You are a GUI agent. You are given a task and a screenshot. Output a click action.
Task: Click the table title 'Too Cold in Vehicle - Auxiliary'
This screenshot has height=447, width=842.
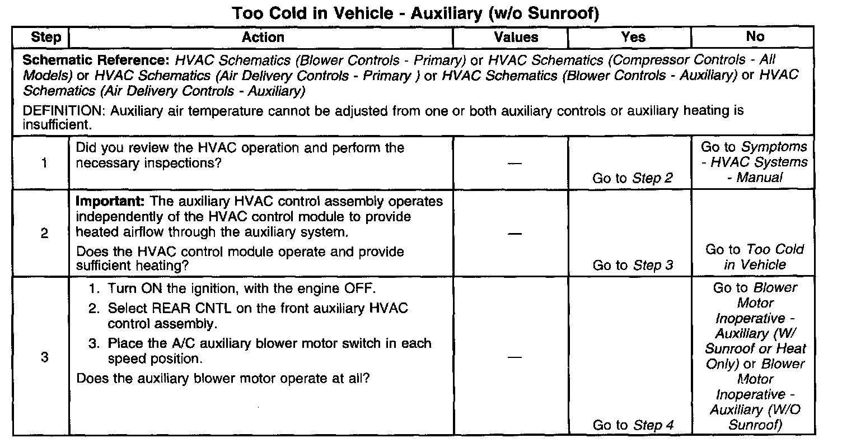pos(416,13)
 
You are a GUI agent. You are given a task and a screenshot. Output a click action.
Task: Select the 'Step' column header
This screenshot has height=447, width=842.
pos(45,38)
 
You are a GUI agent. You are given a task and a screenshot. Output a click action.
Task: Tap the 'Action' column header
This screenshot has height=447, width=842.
pos(263,38)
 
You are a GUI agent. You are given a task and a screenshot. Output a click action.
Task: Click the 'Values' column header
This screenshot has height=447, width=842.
pos(516,38)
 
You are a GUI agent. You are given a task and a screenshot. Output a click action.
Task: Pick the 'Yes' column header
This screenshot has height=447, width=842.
pos(633,38)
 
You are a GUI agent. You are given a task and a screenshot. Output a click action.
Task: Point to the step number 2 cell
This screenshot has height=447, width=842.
pos(44,234)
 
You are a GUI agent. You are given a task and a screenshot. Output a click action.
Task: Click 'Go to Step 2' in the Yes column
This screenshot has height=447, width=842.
pos(632,178)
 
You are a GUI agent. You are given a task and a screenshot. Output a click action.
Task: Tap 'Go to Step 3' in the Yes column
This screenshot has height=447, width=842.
pos(632,265)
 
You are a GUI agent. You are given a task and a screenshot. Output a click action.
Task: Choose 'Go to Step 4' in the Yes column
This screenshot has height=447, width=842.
pos(632,425)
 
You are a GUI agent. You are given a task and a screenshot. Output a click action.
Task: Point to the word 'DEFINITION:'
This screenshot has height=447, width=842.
pos(64,111)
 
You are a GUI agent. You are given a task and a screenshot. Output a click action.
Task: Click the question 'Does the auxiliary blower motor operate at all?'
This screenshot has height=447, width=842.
pos(222,378)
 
